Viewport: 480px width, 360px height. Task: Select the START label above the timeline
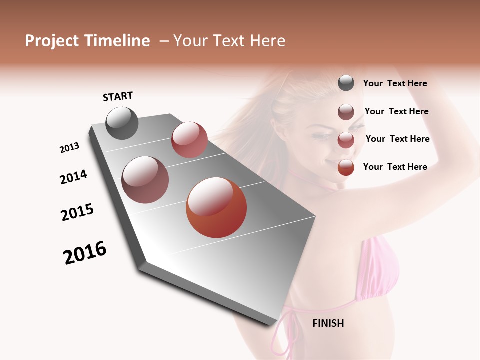tap(118, 96)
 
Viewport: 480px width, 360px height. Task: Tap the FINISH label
tap(328, 323)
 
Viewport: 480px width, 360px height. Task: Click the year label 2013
tap(69, 148)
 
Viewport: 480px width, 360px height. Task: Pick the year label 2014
tap(73, 177)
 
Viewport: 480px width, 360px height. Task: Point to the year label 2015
tap(77, 212)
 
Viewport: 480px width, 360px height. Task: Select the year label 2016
tap(85, 253)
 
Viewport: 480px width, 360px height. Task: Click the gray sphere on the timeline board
tap(122, 123)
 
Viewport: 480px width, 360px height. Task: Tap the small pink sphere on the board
tap(189, 140)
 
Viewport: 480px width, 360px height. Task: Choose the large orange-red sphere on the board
tap(216, 207)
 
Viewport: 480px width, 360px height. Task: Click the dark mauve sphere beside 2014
tap(145, 180)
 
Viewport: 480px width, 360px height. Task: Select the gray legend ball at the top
tap(346, 83)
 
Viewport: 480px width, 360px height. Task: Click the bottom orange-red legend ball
tap(346, 167)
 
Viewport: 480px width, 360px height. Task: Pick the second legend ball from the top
tap(346, 111)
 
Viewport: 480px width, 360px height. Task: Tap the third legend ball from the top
tap(346, 140)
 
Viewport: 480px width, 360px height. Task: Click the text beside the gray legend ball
tap(395, 83)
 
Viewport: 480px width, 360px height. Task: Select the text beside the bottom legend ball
tap(395, 167)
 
